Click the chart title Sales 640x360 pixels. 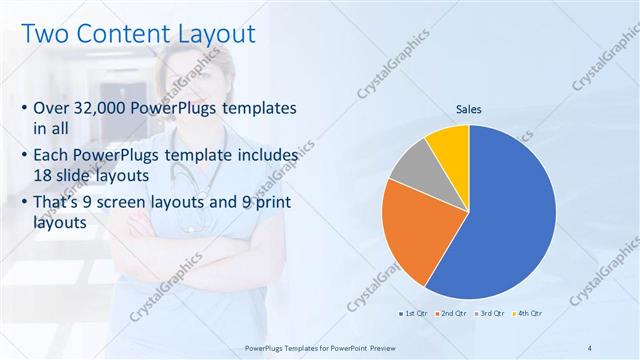469,110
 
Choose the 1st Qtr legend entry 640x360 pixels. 415,314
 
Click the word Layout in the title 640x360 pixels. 212,33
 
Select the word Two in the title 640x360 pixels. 43,33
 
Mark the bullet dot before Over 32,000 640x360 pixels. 24,108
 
